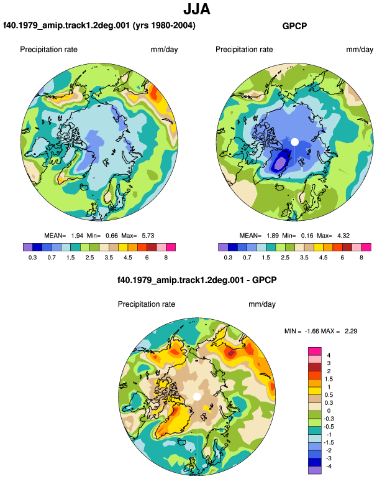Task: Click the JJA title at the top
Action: [197, 9]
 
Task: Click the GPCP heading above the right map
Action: [294, 26]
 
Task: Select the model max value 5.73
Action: [148, 236]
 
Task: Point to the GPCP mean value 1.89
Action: [273, 236]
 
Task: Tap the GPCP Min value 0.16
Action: [307, 236]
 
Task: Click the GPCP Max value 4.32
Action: [343, 236]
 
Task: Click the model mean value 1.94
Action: [77, 236]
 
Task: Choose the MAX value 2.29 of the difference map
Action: [351, 331]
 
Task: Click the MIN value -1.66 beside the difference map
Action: [312, 331]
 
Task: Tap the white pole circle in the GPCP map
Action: [294, 142]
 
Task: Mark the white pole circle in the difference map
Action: [197, 396]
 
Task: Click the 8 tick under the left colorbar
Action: [166, 258]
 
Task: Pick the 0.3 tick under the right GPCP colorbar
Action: [228, 258]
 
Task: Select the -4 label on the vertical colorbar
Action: [329, 466]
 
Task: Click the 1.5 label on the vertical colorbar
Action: [329, 379]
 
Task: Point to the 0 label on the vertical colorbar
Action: [329, 411]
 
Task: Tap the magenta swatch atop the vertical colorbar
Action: [315, 351]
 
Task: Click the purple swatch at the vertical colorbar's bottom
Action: [315, 470]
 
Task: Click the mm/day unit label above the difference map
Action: [262, 304]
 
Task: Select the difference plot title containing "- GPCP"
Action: [197, 280]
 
